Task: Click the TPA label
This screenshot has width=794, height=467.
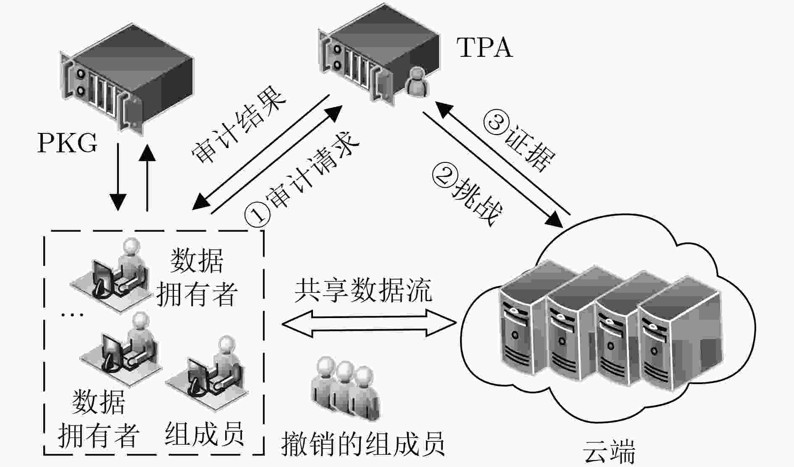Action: point(485,47)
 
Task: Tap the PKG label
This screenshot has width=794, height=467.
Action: point(68,143)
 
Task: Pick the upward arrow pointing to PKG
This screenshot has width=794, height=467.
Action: point(147,177)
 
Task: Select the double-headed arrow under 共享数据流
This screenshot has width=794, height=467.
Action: point(369,323)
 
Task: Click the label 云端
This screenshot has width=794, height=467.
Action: point(609,452)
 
